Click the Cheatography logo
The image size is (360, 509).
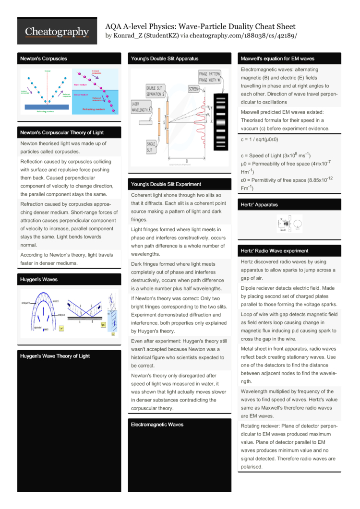pos(57,32)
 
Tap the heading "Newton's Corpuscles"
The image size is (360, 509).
pos(43,59)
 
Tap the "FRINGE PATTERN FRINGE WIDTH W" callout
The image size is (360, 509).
pos(210,77)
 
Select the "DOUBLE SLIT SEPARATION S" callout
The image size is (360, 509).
pos(156,91)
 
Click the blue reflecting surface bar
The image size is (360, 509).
pos(45,107)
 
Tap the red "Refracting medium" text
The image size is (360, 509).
pos(95,109)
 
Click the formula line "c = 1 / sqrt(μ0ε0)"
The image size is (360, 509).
pos(259,140)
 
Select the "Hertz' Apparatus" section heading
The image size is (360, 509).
pos(259,205)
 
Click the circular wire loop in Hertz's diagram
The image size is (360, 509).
pos(298,223)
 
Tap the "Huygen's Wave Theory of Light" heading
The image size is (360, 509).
pos(55,356)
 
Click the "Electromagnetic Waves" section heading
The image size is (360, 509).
pos(157,425)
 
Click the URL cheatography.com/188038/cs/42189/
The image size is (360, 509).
pos(243,36)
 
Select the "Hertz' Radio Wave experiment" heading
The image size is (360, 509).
pos(275,251)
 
